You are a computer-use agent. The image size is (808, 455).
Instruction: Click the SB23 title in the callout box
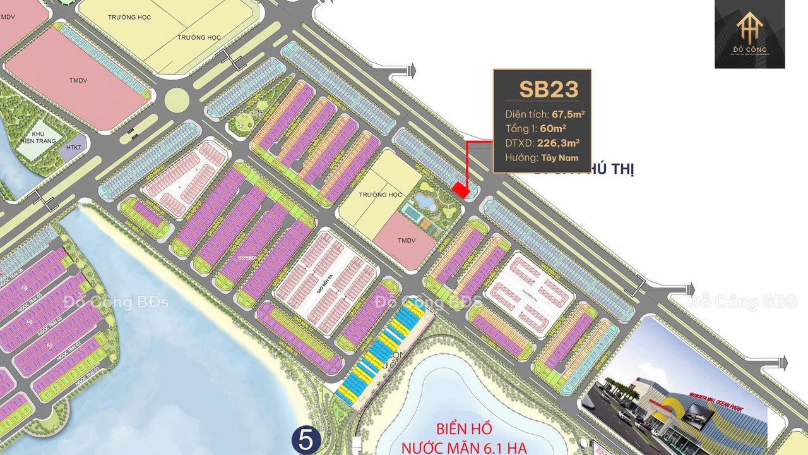[549, 89]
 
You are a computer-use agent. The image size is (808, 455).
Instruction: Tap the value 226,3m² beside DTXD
[558, 143]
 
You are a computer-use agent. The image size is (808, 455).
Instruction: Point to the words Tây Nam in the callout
[559, 158]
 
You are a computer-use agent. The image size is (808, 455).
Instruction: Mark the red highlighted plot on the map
[461, 190]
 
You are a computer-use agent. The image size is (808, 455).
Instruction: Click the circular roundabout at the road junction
[177, 99]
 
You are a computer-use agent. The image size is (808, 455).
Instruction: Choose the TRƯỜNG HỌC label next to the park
[381, 194]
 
